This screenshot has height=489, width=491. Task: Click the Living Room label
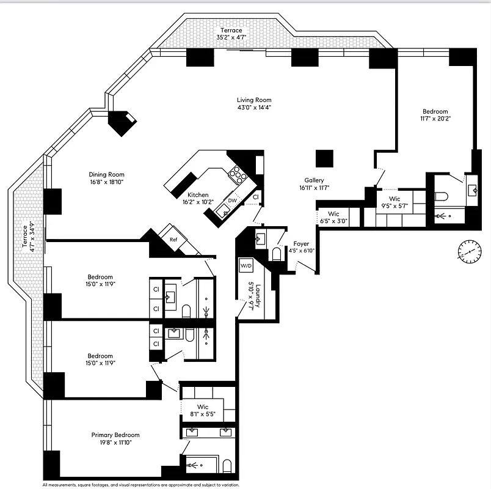254,100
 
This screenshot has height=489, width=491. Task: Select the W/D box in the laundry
246,266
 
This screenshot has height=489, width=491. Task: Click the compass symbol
469,251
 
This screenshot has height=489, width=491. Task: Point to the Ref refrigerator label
173,240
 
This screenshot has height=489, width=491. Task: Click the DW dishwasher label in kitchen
232,200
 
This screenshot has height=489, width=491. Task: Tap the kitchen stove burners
238,176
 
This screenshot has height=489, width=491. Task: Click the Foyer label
301,243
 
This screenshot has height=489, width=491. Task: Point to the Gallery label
315,180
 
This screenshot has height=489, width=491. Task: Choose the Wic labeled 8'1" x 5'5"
203,406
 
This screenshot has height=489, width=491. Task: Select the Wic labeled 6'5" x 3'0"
333,214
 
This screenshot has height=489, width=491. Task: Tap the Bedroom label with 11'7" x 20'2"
435,112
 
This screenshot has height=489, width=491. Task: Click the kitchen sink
224,211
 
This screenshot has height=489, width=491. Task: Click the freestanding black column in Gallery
324,158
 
